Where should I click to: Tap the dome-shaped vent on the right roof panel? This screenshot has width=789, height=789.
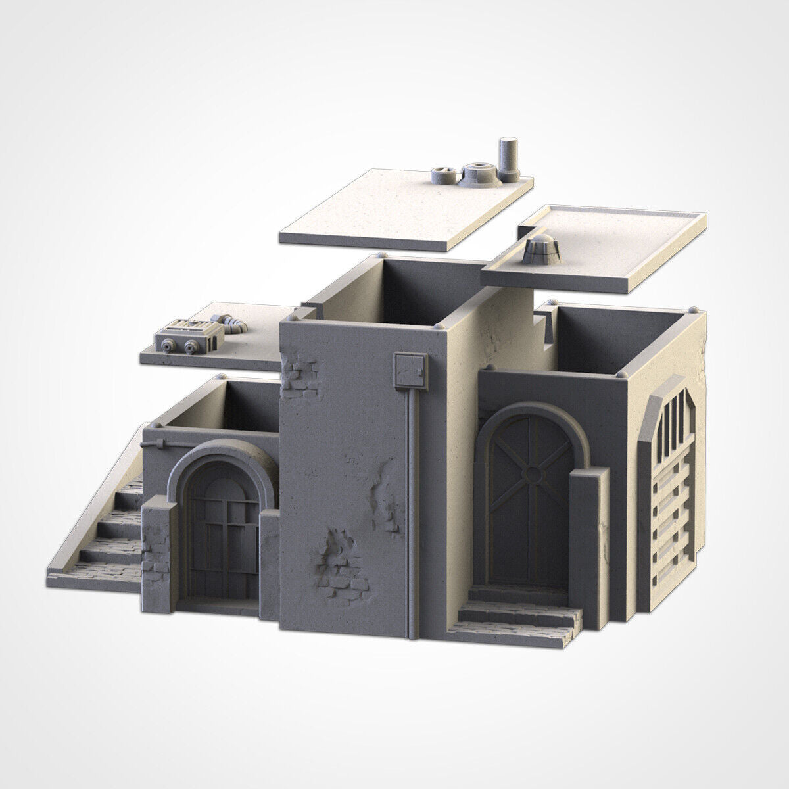point(540,249)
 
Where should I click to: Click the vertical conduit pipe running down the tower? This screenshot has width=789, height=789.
point(412,500)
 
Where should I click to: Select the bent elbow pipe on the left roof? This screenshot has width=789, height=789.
point(229,322)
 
